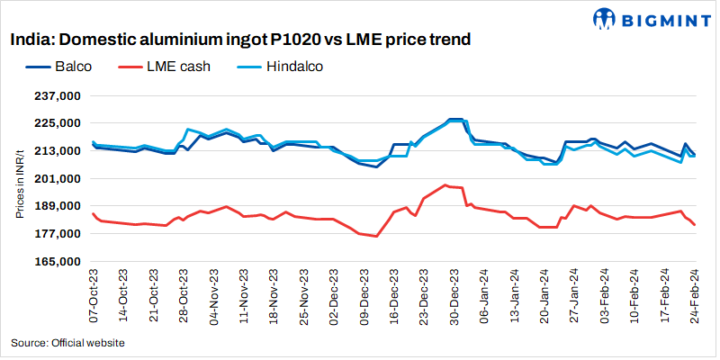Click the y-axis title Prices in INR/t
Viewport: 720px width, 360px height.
(19, 178)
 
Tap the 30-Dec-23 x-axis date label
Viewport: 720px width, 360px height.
(455, 296)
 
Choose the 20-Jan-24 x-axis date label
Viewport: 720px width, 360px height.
(545, 296)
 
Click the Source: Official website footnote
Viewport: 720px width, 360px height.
(68, 343)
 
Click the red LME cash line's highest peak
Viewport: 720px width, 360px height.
(445, 184)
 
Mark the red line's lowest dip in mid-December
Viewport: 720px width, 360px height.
(376, 237)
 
